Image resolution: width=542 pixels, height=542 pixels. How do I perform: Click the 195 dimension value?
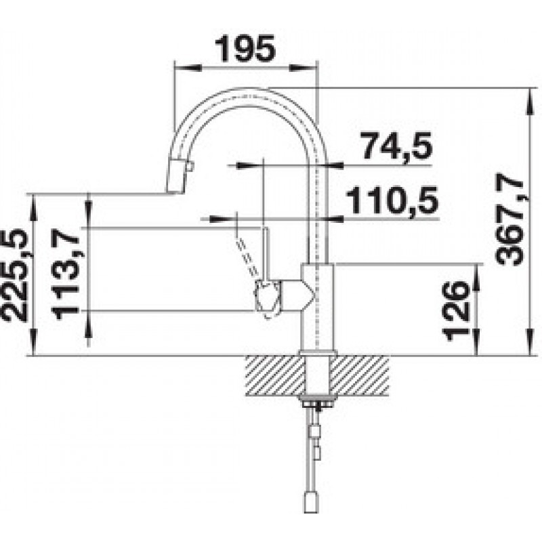pyautogui.click(x=245, y=48)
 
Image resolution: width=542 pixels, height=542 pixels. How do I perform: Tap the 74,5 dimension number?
pyautogui.click(x=396, y=146)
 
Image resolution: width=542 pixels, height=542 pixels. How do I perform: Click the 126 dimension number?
pyautogui.click(x=456, y=310)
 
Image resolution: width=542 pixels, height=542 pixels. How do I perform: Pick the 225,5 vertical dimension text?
pyautogui.click(x=14, y=275)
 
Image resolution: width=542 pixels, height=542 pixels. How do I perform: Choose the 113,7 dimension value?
pyautogui.click(x=66, y=274)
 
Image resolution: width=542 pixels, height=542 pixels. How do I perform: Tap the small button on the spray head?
pyautogui.click(x=190, y=167)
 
